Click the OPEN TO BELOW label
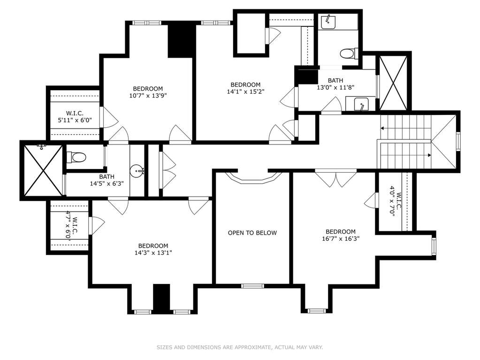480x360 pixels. pyautogui.click(x=252, y=233)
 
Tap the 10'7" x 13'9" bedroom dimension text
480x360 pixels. pyautogui.click(x=148, y=95)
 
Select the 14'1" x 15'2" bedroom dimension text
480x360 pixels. pyautogui.click(x=245, y=91)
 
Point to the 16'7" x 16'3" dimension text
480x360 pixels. pyautogui.click(x=340, y=238)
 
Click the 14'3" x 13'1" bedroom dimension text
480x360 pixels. pyautogui.click(x=153, y=253)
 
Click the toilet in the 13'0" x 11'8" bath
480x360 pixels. pyautogui.click(x=349, y=54)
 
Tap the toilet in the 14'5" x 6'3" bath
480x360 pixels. pyautogui.click(x=76, y=158)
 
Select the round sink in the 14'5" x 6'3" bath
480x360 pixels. pyautogui.click(x=137, y=171)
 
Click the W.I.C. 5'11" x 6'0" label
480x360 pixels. pyautogui.click(x=75, y=116)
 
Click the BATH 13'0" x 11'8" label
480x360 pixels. pyautogui.click(x=335, y=84)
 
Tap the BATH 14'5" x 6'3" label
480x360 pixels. pyautogui.click(x=107, y=180)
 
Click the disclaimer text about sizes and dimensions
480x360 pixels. pyautogui.click(x=240, y=347)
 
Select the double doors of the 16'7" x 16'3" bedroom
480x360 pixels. pyautogui.click(x=336, y=178)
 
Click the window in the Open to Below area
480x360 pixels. pyautogui.click(x=252, y=286)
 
